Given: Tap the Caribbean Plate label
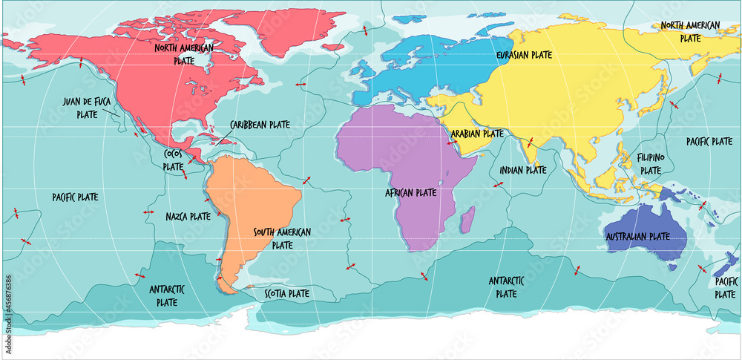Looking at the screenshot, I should point(260,125).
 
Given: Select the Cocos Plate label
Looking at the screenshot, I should point(173,160).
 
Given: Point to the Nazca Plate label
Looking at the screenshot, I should point(188,217).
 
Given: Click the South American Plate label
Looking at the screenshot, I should point(282,238).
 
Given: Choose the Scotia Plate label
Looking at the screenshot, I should point(286,293).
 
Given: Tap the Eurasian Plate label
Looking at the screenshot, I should point(524,54).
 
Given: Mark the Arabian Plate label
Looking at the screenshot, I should point(477,134).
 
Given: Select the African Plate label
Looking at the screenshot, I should point(410,192).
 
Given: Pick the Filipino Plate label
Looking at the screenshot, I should point(651,164).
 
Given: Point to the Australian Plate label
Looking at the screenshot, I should point(637,236).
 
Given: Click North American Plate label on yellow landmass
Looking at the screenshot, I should point(690,30).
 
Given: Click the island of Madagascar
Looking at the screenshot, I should point(467,217).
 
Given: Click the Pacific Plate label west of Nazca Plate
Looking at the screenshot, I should point(75,197).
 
